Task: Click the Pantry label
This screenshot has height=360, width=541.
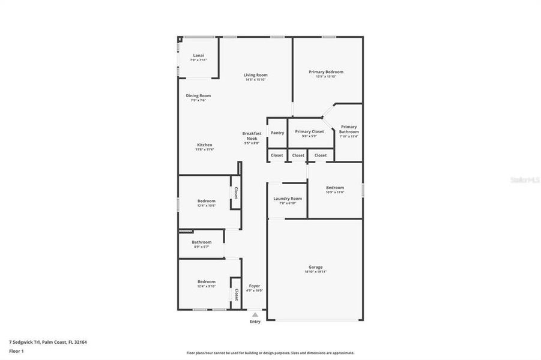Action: (277, 133)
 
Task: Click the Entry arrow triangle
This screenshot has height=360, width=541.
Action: (255, 314)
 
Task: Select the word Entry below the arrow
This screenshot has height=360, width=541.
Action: (255, 322)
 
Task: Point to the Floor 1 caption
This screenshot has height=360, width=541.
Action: (16, 350)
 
